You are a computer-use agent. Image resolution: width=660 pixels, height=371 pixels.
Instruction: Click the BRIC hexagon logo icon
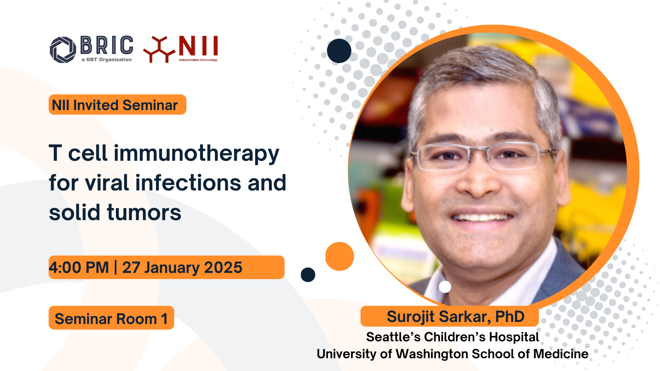click(x=63, y=50)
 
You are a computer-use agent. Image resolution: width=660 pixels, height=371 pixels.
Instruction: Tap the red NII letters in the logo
click(x=198, y=46)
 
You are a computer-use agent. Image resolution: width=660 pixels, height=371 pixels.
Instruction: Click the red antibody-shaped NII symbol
click(x=159, y=49)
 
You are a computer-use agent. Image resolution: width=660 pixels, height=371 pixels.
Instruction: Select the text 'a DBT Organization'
click(x=107, y=59)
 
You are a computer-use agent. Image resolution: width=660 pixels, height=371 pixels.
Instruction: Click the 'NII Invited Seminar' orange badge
click(x=117, y=105)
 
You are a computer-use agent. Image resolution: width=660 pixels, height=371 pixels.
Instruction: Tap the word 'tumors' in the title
click(x=144, y=212)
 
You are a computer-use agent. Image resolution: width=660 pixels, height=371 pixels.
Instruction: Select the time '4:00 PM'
click(x=79, y=268)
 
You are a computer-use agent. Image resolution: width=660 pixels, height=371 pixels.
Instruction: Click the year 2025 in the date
click(x=223, y=268)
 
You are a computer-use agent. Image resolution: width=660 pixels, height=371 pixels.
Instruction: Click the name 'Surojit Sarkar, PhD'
click(x=455, y=317)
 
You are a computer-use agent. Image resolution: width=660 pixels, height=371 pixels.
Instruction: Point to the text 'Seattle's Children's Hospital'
click(x=453, y=337)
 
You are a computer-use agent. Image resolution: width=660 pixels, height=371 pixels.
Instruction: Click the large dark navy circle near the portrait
click(x=339, y=51)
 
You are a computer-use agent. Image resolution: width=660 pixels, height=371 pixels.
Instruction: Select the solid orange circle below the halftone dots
click(x=339, y=256)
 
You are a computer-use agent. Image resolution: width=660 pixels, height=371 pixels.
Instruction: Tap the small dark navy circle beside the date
click(x=308, y=275)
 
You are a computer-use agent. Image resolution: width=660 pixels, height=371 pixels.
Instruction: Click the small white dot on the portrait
click(x=445, y=286)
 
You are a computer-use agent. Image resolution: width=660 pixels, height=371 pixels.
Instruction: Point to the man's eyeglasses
click(x=483, y=157)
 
